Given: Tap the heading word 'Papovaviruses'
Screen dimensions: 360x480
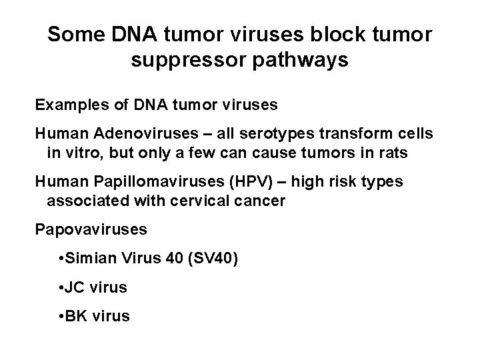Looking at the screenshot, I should pyautogui.click(x=91, y=230).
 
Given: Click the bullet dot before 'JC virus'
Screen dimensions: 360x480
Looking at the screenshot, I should pyautogui.click(x=61, y=288).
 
